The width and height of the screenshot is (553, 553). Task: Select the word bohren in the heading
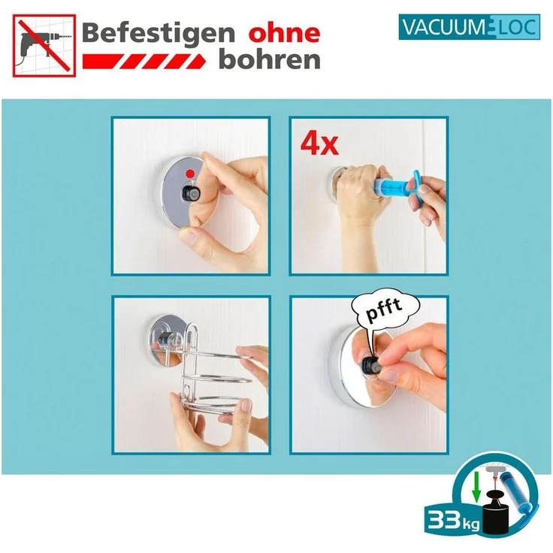(x=270, y=60)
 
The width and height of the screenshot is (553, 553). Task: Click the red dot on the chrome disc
(x=195, y=174)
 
